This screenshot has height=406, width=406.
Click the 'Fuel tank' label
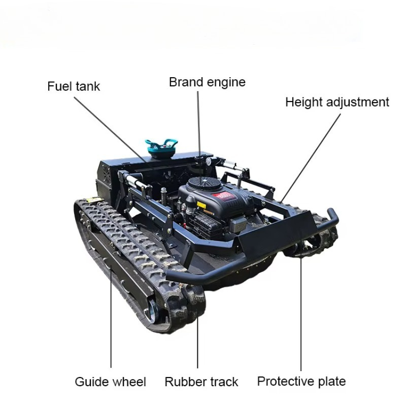coord(74,86)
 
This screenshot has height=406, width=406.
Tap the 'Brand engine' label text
coord(207,82)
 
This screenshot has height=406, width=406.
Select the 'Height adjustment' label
coord(337,102)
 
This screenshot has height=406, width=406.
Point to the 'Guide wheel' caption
coord(110,382)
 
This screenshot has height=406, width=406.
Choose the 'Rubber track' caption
coord(201,382)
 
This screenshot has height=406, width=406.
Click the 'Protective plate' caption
coord(301,381)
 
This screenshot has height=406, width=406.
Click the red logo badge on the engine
coord(223,196)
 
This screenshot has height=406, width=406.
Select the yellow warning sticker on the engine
coord(201,205)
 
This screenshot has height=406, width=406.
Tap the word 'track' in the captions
coord(224,382)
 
